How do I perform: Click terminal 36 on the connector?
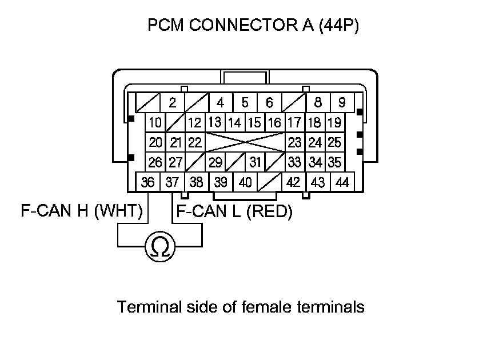click(148, 183)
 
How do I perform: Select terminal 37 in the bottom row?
click(172, 183)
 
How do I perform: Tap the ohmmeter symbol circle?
click(160, 247)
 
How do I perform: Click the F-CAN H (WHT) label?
click(81, 212)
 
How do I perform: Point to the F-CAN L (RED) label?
click(234, 212)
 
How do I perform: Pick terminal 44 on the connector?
click(342, 183)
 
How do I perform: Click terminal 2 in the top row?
click(171, 103)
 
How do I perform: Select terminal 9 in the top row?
click(342, 103)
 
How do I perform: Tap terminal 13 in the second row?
click(214, 122)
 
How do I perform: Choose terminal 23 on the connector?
click(294, 142)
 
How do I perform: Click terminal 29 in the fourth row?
click(215, 162)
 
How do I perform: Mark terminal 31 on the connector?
click(255, 162)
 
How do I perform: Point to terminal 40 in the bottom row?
click(245, 183)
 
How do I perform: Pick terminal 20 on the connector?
click(155, 142)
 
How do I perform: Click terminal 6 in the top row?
click(269, 103)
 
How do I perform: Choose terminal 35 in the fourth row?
click(335, 162)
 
